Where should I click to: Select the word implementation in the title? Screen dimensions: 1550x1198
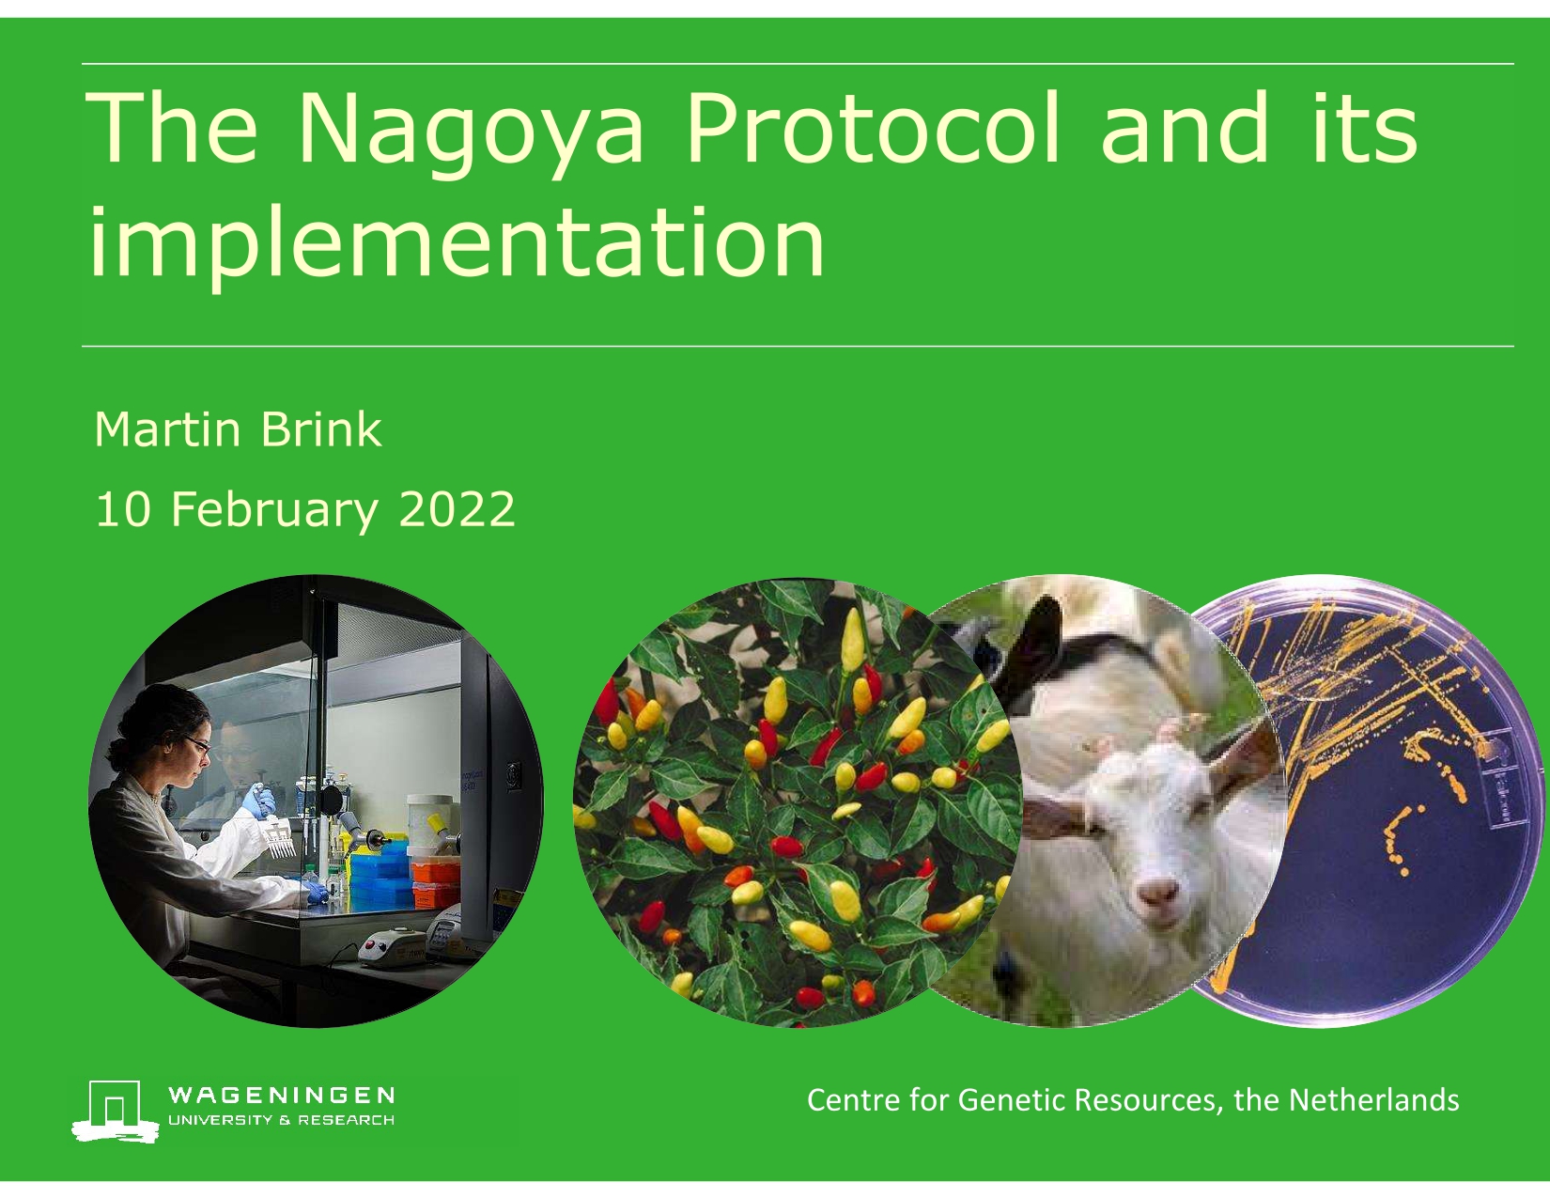[x=457, y=243]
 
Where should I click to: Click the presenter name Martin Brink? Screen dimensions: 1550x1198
[x=239, y=430]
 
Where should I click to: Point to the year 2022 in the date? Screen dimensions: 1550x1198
[x=457, y=509]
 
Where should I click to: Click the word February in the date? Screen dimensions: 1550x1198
[x=274, y=511]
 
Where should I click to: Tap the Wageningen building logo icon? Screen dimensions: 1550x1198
[x=115, y=1111]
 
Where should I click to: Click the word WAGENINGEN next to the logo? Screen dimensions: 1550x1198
[x=281, y=1096]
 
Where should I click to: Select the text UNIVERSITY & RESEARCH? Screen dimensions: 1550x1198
[x=281, y=1120]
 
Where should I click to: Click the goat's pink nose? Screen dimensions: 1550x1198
[x=1157, y=891]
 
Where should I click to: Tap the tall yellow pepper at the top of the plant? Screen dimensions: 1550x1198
[x=852, y=641]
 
